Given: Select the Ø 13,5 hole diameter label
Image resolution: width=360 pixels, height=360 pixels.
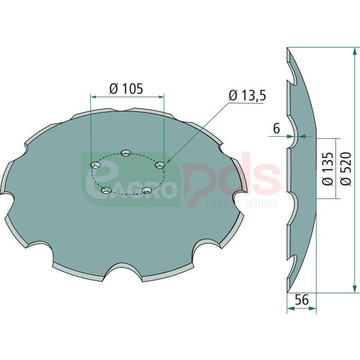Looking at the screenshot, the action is point(247,95).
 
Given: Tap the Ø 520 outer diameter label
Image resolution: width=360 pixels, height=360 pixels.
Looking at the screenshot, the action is point(346,169).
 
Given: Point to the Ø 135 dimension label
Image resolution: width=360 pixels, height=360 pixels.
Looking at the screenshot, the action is point(328,169).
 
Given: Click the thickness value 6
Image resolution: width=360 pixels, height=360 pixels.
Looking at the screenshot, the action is point(276,128).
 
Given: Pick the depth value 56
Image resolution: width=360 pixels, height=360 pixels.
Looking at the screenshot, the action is point(301,300).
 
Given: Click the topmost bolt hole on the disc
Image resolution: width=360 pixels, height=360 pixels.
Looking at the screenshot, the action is point(126,153).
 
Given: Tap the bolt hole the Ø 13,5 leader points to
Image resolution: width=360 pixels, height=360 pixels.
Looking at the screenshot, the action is point(160,165).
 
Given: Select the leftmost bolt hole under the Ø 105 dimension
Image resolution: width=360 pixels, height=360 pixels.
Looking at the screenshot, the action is point(95,165).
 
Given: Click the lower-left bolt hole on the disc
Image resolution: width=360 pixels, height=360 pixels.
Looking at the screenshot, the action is point(107,190).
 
